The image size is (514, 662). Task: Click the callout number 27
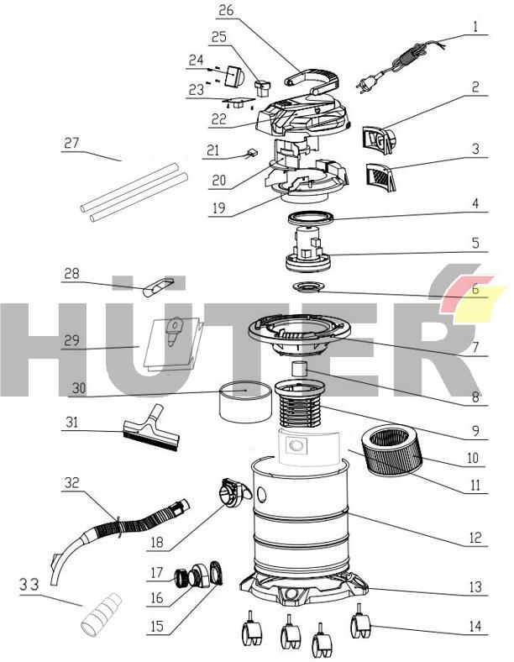71,144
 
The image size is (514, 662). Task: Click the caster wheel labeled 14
359,627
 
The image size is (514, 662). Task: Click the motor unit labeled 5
310,252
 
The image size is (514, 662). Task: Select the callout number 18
155,543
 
